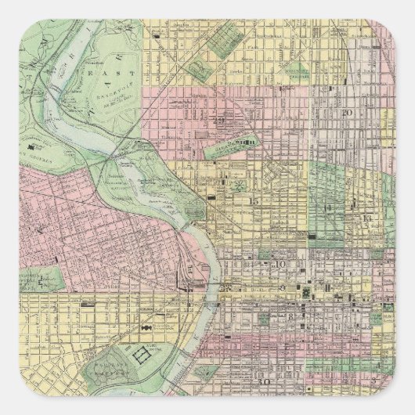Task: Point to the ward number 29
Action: pos(221,120)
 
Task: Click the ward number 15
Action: pos(252,202)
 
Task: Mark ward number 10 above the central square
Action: pos(280,265)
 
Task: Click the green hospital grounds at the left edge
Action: pos(47,276)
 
